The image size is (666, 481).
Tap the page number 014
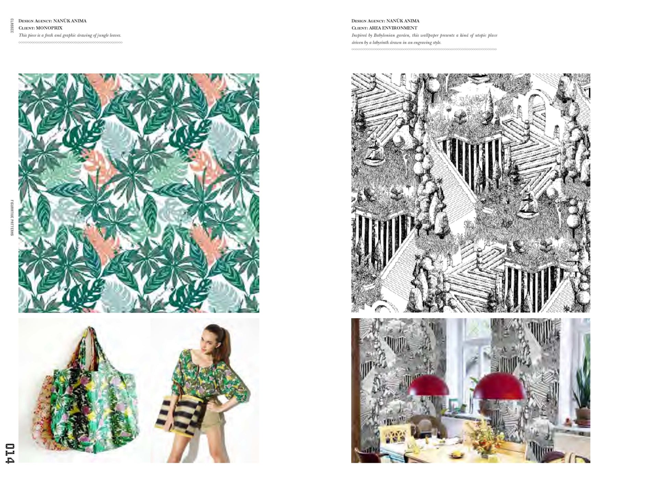pyautogui.click(x=10, y=453)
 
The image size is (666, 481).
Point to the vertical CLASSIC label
pyautogui.click(x=12, y=26)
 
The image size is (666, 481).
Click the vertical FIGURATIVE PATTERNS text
pyautogui.click(x=12, y=218)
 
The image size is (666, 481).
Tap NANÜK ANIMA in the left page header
pyautogui.click(x=70, y=21)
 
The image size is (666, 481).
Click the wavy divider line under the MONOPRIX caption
pyautogui.click(x=71, y=43)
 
